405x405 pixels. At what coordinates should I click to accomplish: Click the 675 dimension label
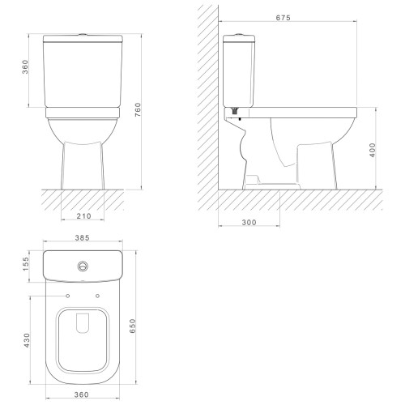tap(283, 18)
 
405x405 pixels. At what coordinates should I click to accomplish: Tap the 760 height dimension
tap(138, 109)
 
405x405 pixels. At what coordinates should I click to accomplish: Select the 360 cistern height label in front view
tap(25, 67)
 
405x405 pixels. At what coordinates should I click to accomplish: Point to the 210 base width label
tap(83, 216)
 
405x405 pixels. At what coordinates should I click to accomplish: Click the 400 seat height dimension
tap(373, 150)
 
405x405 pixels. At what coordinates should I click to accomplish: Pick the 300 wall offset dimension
tap(249, 223)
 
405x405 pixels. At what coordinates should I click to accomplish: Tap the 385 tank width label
tap(82, 238)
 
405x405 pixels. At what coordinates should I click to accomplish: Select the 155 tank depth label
tap(25, 264)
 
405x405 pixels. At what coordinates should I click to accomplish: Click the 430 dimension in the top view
tap(26, 340)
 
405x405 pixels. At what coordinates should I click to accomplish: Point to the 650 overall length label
tap(133, 326)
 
